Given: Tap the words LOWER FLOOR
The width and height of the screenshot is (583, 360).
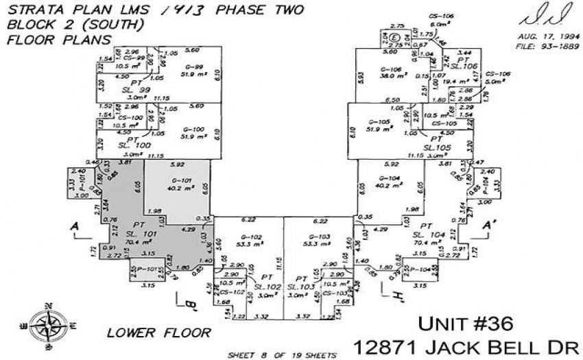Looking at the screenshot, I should pyautogui.click(x=158, y=333).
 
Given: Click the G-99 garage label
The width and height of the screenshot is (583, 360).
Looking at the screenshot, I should pyautogui.click(x=193, y=67).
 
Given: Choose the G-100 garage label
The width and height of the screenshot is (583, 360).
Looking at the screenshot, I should pyautogui.click(x=193, y=129).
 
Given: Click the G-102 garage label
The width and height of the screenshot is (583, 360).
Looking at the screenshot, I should pyautogui.click(x=252, y=237).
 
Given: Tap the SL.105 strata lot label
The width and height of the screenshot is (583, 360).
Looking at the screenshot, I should pyautogui.click(x=436, y=147).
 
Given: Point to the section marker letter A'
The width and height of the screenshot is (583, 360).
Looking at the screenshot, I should pyautogui.click(x=489, y=224).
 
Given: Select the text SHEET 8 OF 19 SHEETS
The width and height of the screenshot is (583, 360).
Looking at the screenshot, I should pyautogui.click(x=282, y=355).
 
